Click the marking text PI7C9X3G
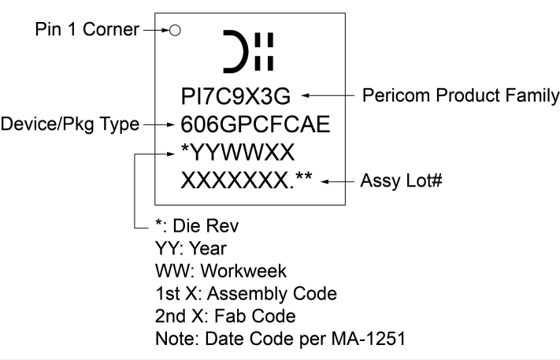coord(236,97)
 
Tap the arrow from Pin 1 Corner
coord(156,31)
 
